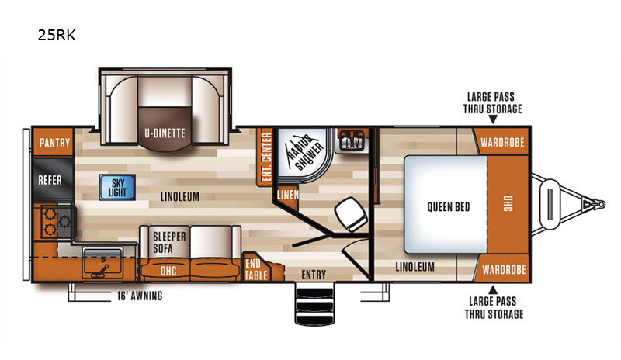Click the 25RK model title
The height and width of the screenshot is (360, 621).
(57, 35)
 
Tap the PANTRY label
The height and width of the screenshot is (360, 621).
(54, 143)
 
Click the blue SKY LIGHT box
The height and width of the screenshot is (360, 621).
(117, 187)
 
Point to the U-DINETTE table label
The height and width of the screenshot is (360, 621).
(165, 133)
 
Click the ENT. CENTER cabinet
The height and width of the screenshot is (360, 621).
(265, 157)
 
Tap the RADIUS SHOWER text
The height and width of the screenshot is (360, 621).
(304, 153)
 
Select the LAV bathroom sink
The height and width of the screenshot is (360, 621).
(352, 140)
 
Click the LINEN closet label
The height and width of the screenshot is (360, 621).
(287, 195)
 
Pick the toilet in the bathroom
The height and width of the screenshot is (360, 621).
(351, 214)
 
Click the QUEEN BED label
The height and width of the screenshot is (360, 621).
(449, 206)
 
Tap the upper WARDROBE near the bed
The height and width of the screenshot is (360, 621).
(502, 142)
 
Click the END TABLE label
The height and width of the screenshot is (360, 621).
(255, 269)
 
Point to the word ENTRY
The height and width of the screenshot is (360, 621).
(314, 275)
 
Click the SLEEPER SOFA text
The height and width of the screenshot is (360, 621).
(169, 242)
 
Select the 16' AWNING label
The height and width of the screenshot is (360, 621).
(140, 296)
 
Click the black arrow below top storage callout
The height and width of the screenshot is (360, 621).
(493, 119)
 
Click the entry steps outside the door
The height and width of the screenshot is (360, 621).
(315, 304)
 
